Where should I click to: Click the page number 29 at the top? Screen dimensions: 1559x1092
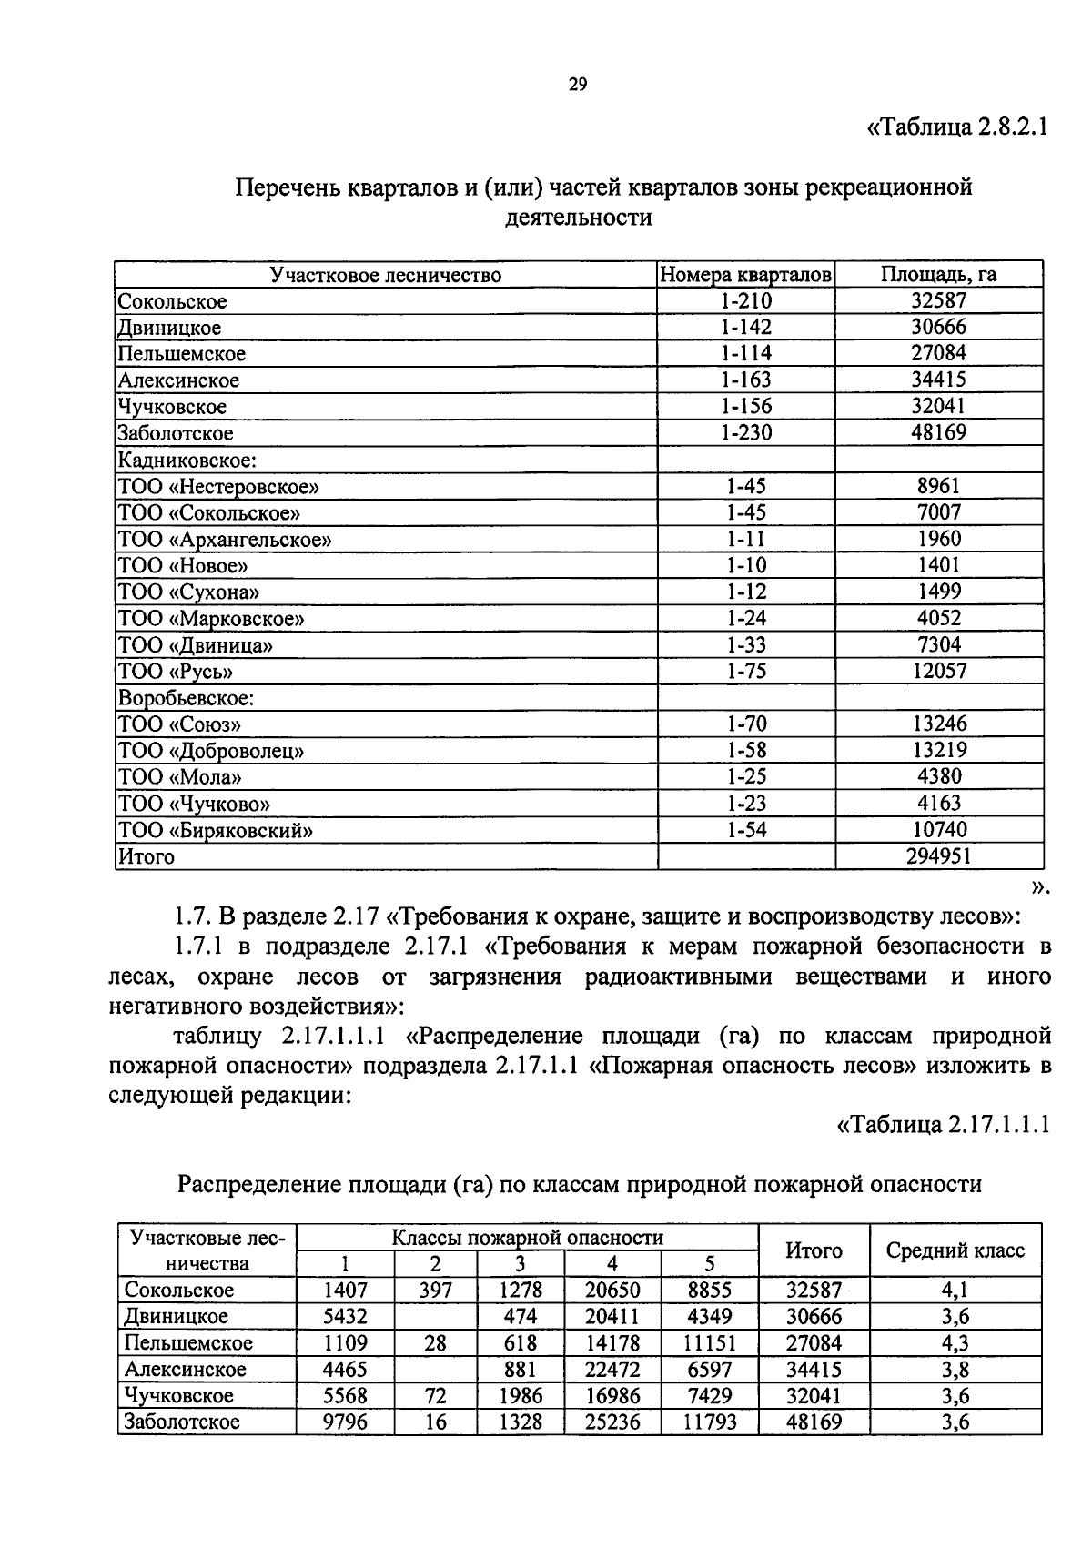click(578, 86)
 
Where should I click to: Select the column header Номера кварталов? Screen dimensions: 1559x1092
click(745, 275)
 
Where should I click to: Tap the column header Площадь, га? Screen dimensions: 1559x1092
click(938, 275)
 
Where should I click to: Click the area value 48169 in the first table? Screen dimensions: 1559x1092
click(938, 432)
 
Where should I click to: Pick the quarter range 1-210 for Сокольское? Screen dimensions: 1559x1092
click(745, 301)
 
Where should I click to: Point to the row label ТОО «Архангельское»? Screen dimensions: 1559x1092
click(224, 539)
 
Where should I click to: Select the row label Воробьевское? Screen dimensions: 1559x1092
click(185, 698)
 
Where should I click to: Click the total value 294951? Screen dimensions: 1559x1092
click(938, 856)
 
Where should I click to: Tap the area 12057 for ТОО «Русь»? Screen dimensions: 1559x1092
click(938, 671)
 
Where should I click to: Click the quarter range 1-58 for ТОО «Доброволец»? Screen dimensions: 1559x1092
click(745, 750)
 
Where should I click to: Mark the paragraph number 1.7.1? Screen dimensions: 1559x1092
click(204, 947)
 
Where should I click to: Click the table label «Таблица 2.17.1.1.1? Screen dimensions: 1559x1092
click(943, 1125)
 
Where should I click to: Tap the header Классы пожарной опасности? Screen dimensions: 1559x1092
click(527, 1237)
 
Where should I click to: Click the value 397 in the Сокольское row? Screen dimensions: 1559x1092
click(435, 1291)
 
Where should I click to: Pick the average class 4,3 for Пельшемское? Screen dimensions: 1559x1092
click(955, 1343)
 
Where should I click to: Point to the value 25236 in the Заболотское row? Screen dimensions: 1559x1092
click(612, 1422)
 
